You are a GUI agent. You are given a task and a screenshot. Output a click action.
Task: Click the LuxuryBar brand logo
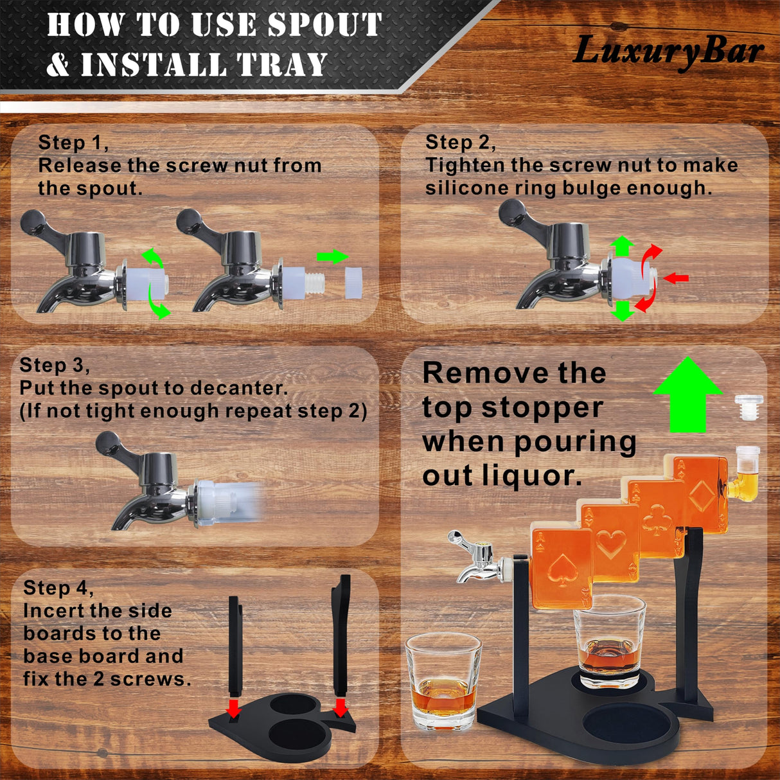click(x=668, y=51)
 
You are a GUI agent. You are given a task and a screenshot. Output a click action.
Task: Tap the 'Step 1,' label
click(x=73, y=143)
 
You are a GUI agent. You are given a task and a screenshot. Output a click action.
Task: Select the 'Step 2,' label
click(x=460, y=143)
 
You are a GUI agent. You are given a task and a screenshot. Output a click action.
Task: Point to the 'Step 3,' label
click(x=55, y=365)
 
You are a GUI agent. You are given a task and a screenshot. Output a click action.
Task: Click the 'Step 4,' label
click(x=58, y=588)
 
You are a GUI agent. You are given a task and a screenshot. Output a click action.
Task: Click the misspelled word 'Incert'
click(x=53, y=611)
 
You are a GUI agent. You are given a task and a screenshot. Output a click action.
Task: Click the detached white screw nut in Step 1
click(x=353, y=283)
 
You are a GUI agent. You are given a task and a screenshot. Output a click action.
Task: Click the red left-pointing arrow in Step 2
click(x=676, y=278)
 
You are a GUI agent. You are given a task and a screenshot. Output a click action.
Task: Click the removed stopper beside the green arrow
click(x=749, y=407)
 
